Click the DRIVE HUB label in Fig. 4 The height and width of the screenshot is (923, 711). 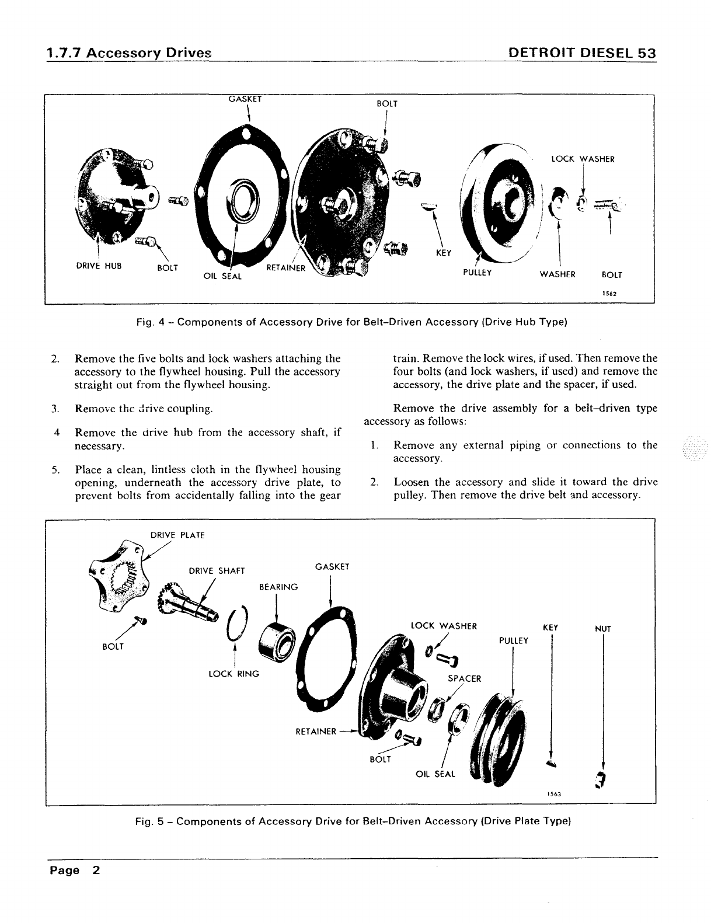[x=99, y=266]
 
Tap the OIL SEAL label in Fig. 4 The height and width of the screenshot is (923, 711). [x=222, y=276]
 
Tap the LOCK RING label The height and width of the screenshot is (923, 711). [x=233, y=674]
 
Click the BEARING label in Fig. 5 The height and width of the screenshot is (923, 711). [x=278, y=587]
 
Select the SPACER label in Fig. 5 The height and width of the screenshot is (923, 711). [x=465, y=678]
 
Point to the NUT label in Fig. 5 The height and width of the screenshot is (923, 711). [x=602, y=629]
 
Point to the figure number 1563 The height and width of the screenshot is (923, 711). [x=554, y=795]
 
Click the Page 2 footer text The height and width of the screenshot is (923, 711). [x=75, y=870]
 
